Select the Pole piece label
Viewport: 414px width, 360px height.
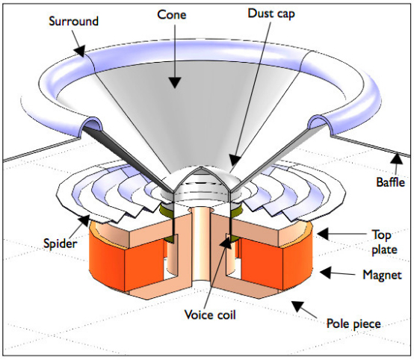[353, 324]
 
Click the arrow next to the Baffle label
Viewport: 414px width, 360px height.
[391, 158]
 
